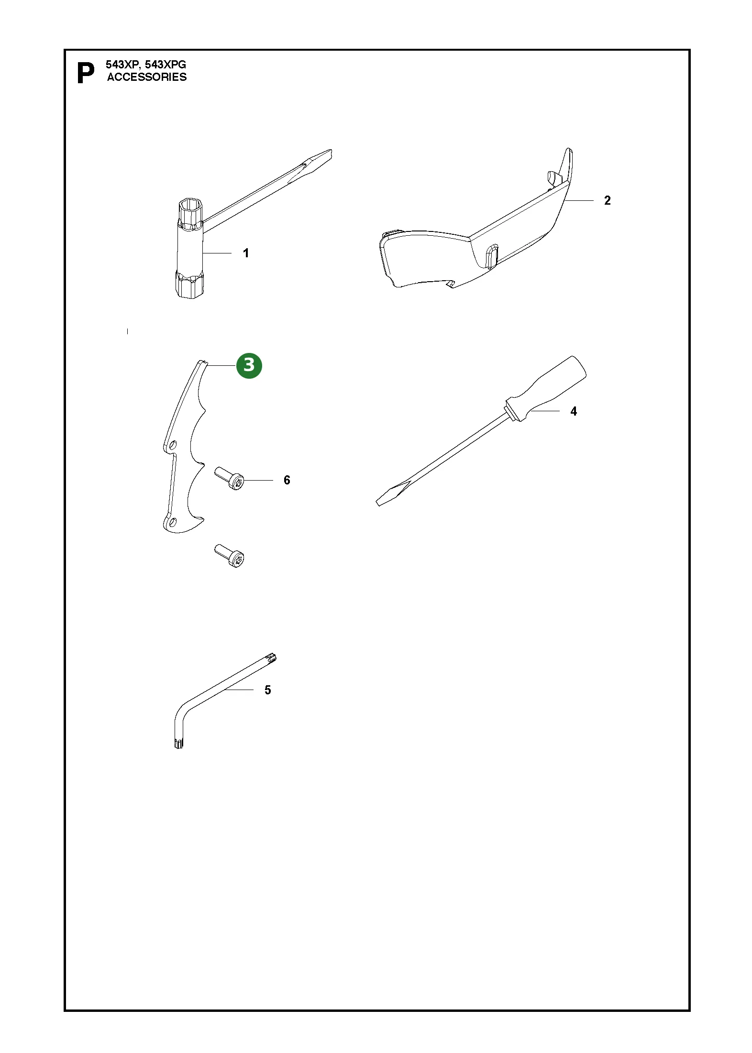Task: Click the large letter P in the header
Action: (x=86, y=74)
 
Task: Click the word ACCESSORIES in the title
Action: (x=147, y=77)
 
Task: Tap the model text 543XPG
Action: (x=166, y=65)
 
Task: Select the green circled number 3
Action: (x=249, y=365)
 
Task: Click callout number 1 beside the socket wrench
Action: (x=246, y=253)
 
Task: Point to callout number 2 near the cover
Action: (x=608, y=200)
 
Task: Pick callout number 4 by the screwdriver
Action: (x=574, y=411)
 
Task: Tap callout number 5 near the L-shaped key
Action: (x=268, y=690)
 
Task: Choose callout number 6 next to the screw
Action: (x=287, y=480)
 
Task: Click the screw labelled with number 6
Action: (x=230, y=479)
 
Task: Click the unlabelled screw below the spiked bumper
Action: (x=230, y=556)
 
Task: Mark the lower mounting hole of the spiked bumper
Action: (x=173, y=522)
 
